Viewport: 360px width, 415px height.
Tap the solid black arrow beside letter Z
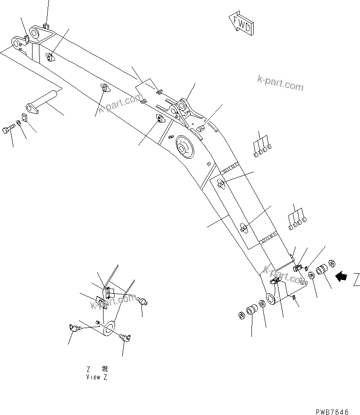pyautogui.click(x=341, y=276)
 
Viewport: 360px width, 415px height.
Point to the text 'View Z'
pyautogui.click(x=97, y=377)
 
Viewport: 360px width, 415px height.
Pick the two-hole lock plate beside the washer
pyautogui.click(x=25, y=118)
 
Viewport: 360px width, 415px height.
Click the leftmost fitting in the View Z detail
pyautogui.click(x=73, y=328)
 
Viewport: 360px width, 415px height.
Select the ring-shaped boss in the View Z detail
pyautogui.click(x=109, y=328)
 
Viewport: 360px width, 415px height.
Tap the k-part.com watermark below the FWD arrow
pyautogui.click(x=280, y=84)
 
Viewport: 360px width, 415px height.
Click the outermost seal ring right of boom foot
pyautogui.click(x=332, y=264)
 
